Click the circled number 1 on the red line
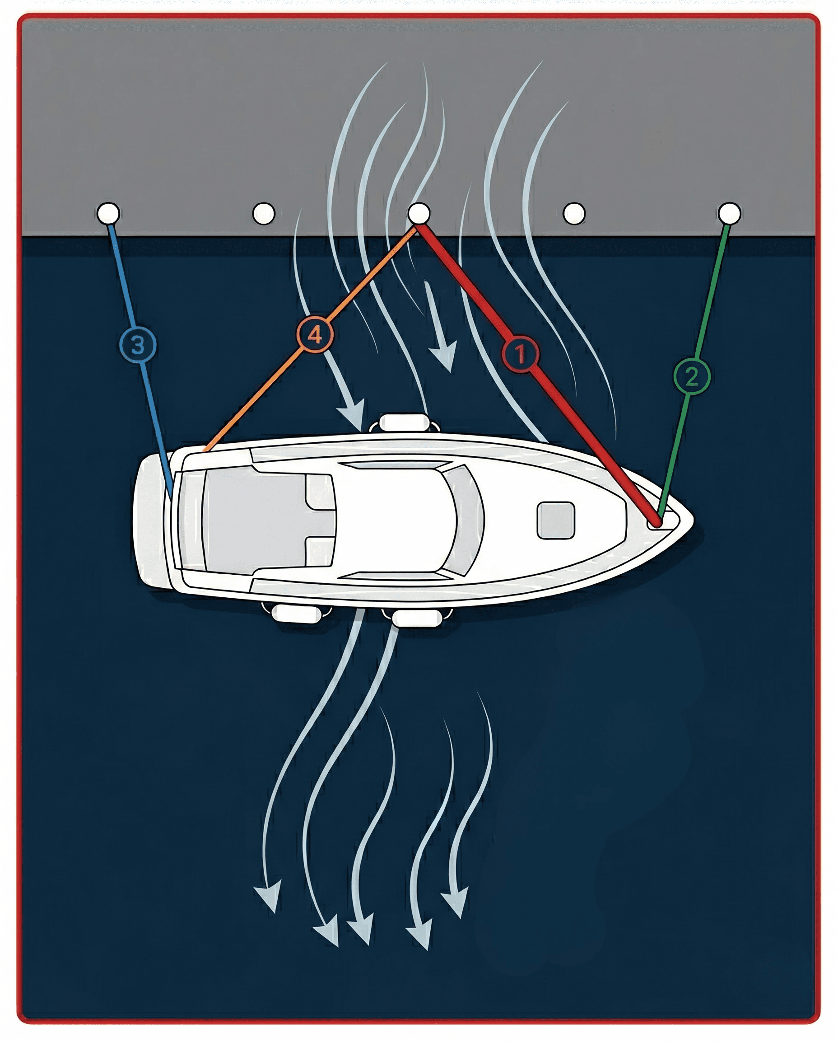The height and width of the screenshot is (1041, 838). click(520, 354)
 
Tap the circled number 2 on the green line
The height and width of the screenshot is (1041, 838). click(691, 375)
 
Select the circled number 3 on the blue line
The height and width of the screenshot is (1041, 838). click(138, 345)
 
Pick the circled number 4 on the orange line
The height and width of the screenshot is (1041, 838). click(315, 334)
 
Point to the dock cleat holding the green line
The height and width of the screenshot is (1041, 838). click(729, 213)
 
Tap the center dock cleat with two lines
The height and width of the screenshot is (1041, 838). click(419, 213)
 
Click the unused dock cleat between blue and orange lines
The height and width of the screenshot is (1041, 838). click(264, 213)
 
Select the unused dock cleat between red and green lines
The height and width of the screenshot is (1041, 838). click(574, 213)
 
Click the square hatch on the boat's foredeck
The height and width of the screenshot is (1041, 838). click(556, 520)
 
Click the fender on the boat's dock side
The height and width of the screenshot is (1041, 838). click(404, 422)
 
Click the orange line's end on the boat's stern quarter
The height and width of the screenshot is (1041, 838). click(205, 450)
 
